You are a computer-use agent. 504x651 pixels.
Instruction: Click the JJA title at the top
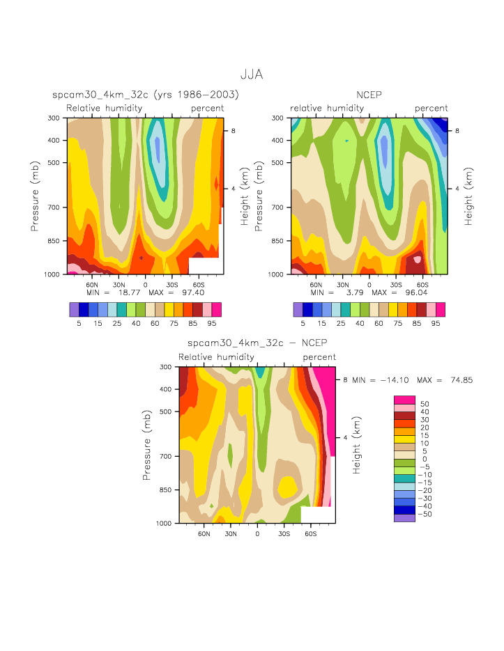(251, 74)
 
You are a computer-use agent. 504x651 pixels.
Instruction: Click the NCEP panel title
(369, 94)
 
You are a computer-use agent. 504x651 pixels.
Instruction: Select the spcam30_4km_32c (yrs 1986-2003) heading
(146, 94)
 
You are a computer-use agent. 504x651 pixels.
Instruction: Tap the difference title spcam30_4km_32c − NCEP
(257, 343)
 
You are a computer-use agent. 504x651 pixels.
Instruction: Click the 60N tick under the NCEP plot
(316, 285)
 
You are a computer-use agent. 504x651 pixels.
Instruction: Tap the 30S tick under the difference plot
(284, 533)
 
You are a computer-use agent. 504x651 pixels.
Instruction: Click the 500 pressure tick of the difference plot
(166, 411)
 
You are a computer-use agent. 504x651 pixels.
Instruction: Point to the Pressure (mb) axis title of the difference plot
(147, 445)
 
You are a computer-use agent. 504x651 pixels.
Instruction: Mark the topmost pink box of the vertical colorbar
(404, 400)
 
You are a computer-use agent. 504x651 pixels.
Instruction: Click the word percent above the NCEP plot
(432, 108)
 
